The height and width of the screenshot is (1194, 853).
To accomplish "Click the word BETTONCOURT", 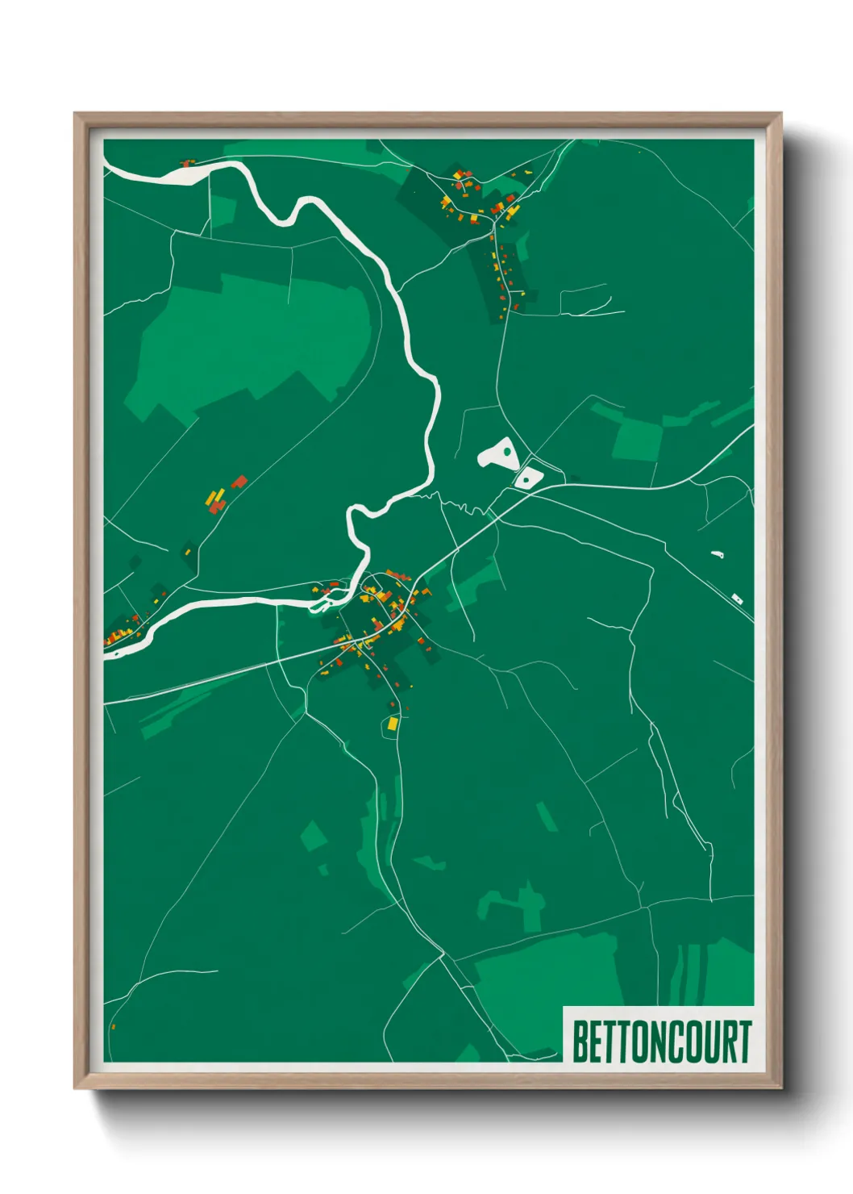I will pos(661,1042).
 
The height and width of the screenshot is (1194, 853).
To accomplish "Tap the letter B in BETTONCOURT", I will pos(580,1042).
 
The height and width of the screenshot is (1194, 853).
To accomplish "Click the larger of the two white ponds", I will pos(497,453).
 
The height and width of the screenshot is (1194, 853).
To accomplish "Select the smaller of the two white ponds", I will pos(527,476).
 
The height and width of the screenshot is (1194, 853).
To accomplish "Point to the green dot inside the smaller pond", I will pos(526,479).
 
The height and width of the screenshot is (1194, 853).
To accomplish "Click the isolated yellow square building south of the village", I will pos(393,724).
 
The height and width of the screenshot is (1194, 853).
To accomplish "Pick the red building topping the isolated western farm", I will pos(239,482).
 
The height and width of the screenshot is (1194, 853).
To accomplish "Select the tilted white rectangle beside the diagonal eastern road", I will pos(736,598).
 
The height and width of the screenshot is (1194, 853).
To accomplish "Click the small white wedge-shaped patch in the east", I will pos(717,554).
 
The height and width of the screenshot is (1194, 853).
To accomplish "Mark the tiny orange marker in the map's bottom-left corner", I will pos(113,1027).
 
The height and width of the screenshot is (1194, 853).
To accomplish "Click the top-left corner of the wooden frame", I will pos(75,114).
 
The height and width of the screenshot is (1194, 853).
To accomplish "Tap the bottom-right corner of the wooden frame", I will pos(780,1088).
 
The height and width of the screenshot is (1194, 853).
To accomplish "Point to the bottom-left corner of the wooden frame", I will pos(75,1088).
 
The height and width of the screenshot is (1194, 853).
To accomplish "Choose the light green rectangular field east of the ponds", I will pos(636,440).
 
